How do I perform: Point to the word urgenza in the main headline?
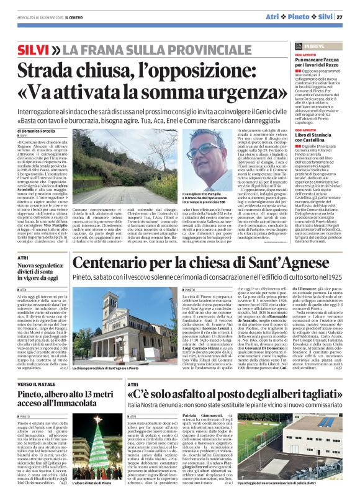pyautogui.click(x=232, y=91)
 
